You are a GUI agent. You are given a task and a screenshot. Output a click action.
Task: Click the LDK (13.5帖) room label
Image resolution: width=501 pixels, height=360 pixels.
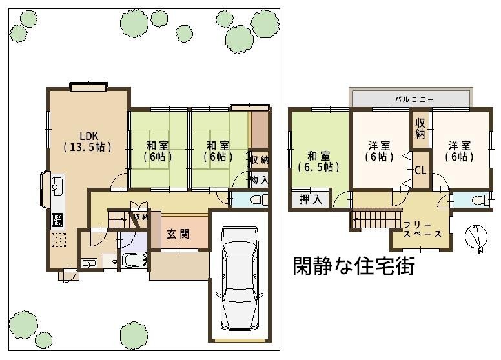pos(88,141)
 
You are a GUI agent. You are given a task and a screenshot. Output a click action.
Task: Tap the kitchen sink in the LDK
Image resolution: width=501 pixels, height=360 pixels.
pos(57,185)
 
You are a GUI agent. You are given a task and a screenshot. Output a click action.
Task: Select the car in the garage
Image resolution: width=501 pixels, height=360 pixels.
pos(240,278)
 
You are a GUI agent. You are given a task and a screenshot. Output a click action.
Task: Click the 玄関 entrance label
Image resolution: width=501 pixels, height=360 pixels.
pos(178,234)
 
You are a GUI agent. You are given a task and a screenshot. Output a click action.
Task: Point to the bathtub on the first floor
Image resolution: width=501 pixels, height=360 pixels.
pos(134,261)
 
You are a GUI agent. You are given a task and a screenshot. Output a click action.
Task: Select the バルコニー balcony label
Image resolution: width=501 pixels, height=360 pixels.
pos(414,99)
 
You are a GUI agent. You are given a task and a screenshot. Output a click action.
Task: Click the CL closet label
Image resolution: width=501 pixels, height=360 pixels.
pos(420,170)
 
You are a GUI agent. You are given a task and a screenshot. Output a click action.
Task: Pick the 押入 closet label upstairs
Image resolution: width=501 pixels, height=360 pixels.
pos(311,199)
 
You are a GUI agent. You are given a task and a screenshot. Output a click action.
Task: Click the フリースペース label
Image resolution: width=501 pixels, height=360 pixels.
pos(422,230)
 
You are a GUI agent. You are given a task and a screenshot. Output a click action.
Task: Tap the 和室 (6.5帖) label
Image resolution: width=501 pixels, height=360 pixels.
pos(318,161)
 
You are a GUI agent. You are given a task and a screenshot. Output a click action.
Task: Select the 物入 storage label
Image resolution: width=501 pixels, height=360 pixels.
pos(259,180)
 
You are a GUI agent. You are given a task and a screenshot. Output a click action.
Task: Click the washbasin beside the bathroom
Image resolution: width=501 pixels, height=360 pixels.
pos(89,263)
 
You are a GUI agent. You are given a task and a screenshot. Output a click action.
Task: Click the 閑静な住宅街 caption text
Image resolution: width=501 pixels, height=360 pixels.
pos(354,266)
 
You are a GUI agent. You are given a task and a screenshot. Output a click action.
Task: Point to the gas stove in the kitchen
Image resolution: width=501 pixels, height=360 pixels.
pos(57,220)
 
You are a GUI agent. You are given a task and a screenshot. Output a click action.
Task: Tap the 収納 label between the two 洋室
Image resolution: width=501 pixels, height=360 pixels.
pos(420,128)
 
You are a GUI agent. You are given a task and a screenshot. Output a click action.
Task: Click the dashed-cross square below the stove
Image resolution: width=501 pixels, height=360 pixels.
pos(58,240)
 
